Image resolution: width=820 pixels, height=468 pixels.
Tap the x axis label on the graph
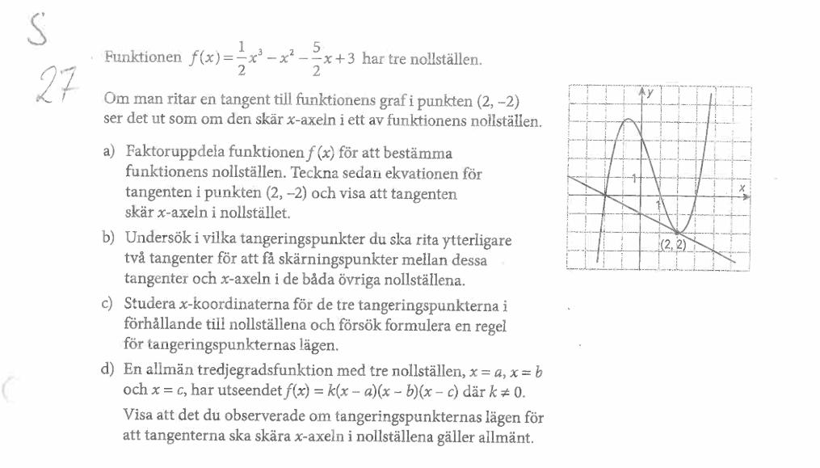pos(742,188)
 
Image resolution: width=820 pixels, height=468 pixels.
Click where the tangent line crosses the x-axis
pos(607,194)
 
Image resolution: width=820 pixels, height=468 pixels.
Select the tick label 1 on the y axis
pos(636,177)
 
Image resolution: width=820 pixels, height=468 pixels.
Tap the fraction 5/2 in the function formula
pos(316,58)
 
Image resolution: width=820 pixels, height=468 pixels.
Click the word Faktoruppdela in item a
pos(165,152)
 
